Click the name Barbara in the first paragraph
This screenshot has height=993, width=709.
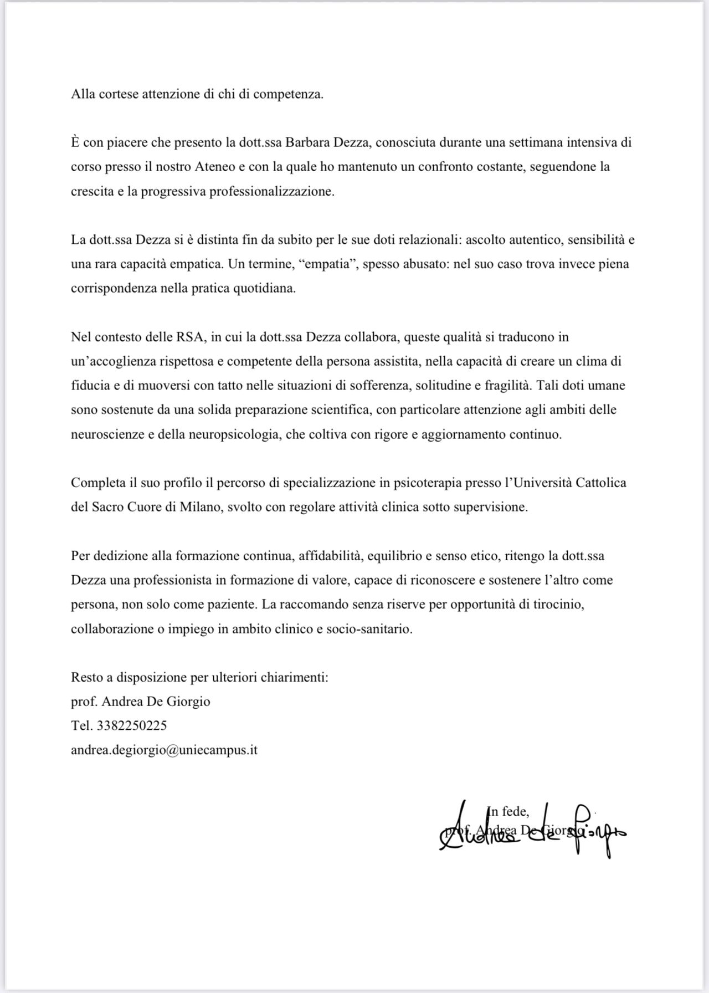point(307,142)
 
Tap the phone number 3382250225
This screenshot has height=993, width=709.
point(132,725)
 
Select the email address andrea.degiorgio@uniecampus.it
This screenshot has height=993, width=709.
point(164,750)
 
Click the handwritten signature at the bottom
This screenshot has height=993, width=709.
point(532,829)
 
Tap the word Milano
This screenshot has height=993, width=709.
point(200,507)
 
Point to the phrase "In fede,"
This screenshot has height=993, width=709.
point(508,811)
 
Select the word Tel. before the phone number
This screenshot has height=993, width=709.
point(81,725)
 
